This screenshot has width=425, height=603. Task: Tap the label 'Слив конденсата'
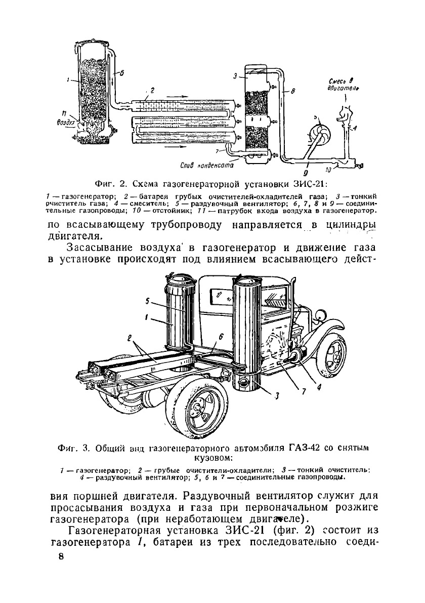point(206,165)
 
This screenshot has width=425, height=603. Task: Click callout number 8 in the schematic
point(293,91)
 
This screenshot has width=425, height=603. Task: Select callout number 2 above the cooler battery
point(152,89)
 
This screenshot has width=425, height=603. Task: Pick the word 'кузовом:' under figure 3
point(212,458)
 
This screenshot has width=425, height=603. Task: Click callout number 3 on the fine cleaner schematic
point(235,76)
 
